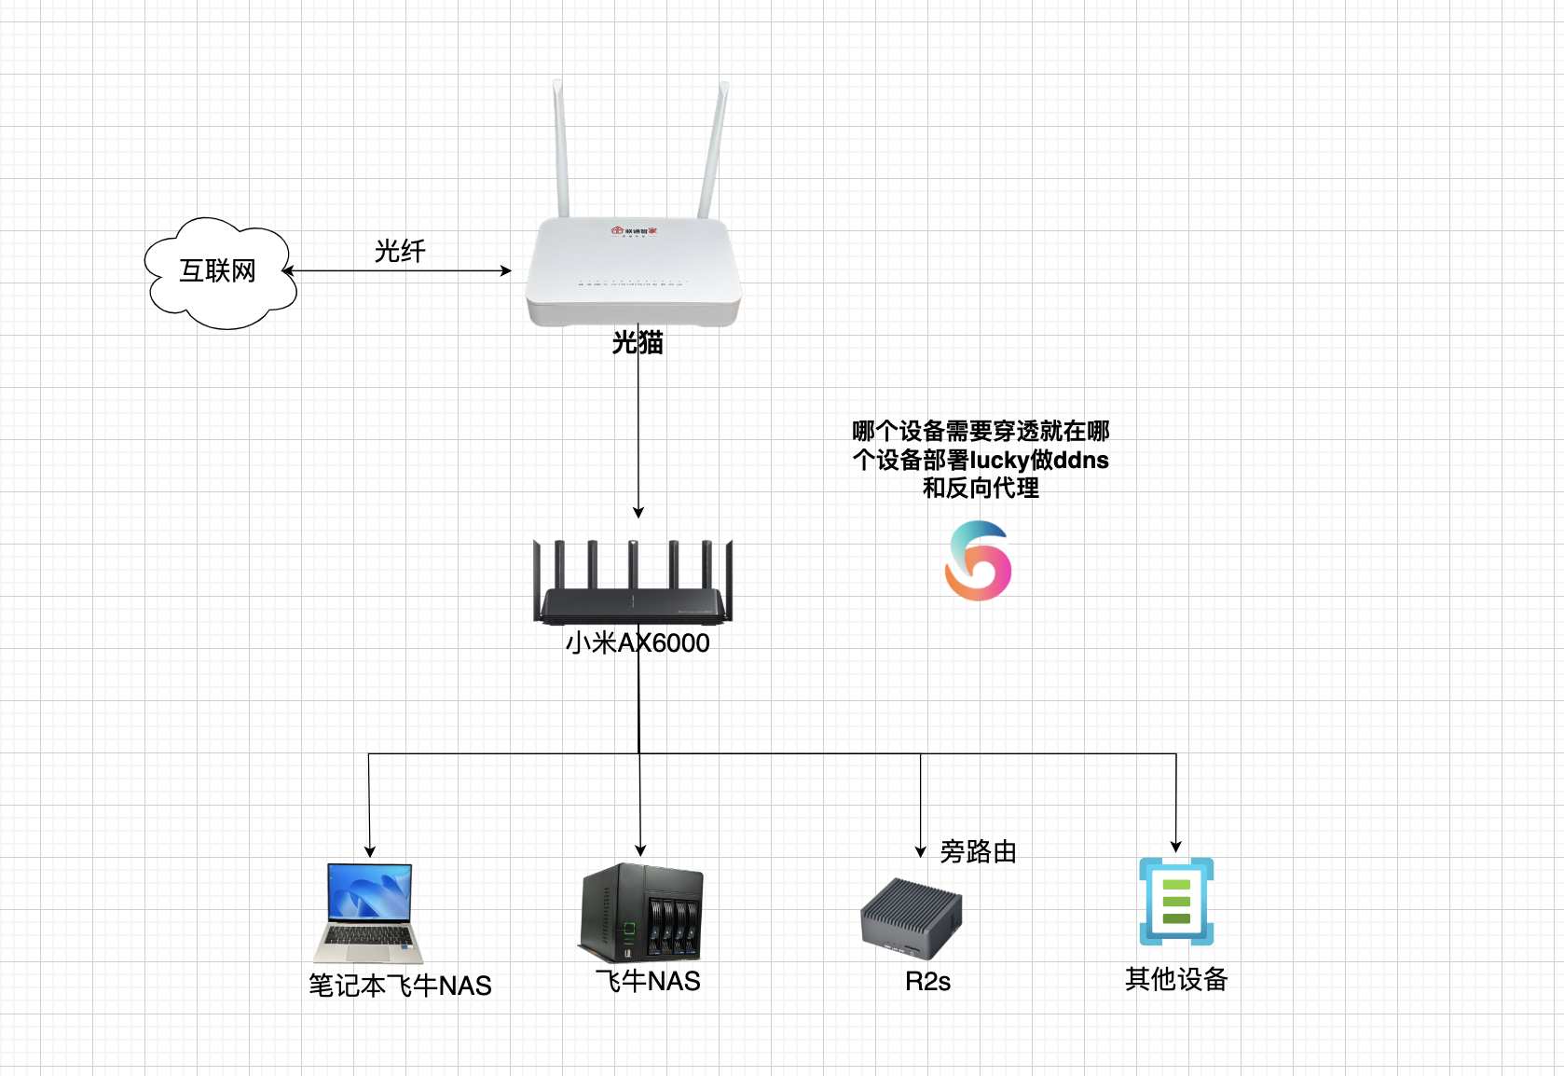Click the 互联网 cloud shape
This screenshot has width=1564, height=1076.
(219, 272)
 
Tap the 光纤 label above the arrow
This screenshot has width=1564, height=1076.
(400, 251)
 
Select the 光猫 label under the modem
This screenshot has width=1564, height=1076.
(638, 343)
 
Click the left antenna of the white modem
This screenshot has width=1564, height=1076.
(561, 149)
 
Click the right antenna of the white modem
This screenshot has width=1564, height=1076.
(714, 149)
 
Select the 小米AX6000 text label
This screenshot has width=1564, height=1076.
(638, 643)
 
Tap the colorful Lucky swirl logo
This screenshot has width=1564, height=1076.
(978, 561)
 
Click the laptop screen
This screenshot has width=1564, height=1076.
(369, 892)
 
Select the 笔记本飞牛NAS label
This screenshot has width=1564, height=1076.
(400, 986)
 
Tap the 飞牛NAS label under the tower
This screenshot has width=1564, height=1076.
(648, 981)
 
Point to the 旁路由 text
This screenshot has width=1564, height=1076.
(978, 851)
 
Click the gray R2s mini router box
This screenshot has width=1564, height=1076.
(911, 917)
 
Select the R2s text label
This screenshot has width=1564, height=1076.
(927, 982)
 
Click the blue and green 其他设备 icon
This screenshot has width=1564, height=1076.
(1176, 902)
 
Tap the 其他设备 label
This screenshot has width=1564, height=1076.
(1176, 979)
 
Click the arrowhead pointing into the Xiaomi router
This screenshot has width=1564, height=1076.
(638, 512)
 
